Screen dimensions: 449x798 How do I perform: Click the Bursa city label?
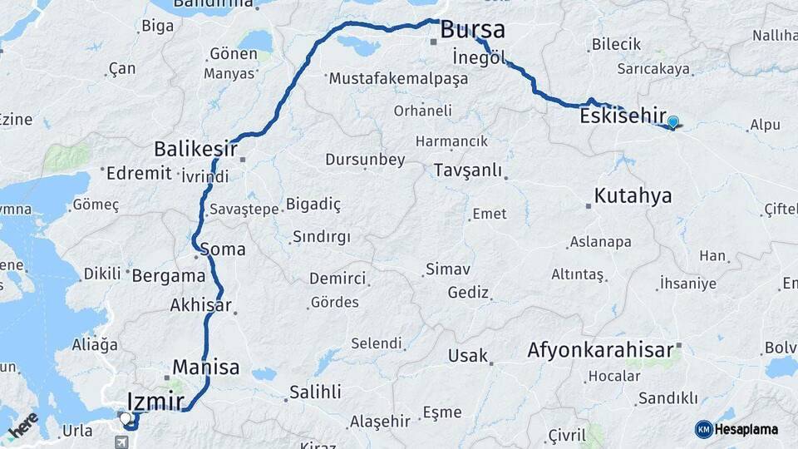pos(472,30)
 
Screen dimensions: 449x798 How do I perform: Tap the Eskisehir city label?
pos(623,116)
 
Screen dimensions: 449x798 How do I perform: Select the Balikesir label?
pos(195,150)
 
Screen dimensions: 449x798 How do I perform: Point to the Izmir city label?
pos(155,402)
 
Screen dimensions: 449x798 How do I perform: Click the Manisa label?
pos(205,367)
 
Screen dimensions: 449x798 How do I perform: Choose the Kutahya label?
pos(633,196)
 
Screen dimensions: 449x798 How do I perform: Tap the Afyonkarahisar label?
pos(600,350)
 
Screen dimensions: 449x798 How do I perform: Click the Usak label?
pos(467,356)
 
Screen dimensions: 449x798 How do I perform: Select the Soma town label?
pos(223,249)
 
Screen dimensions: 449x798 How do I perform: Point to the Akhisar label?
pos(200,305)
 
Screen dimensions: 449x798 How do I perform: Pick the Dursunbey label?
pos(365,160)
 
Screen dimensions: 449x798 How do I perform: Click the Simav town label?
pos(448,269)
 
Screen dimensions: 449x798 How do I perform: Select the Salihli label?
pos(315,392)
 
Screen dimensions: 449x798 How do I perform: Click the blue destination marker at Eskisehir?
pos(672,122)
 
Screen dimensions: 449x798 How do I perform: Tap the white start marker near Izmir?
pos(125,418)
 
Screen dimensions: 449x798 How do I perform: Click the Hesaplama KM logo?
pos(736,429)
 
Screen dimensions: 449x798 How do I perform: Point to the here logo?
pos(24,425)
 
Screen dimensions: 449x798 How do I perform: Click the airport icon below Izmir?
pos(123,442)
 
